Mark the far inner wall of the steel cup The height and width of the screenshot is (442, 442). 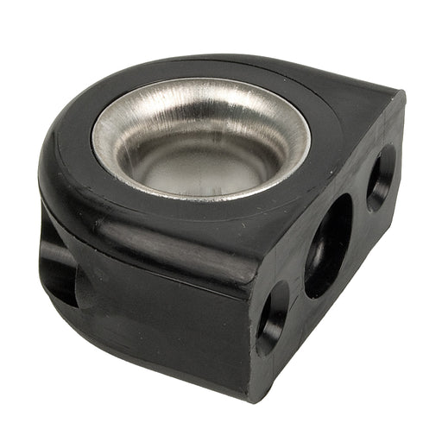203,108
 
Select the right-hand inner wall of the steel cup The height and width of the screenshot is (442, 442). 285,142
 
